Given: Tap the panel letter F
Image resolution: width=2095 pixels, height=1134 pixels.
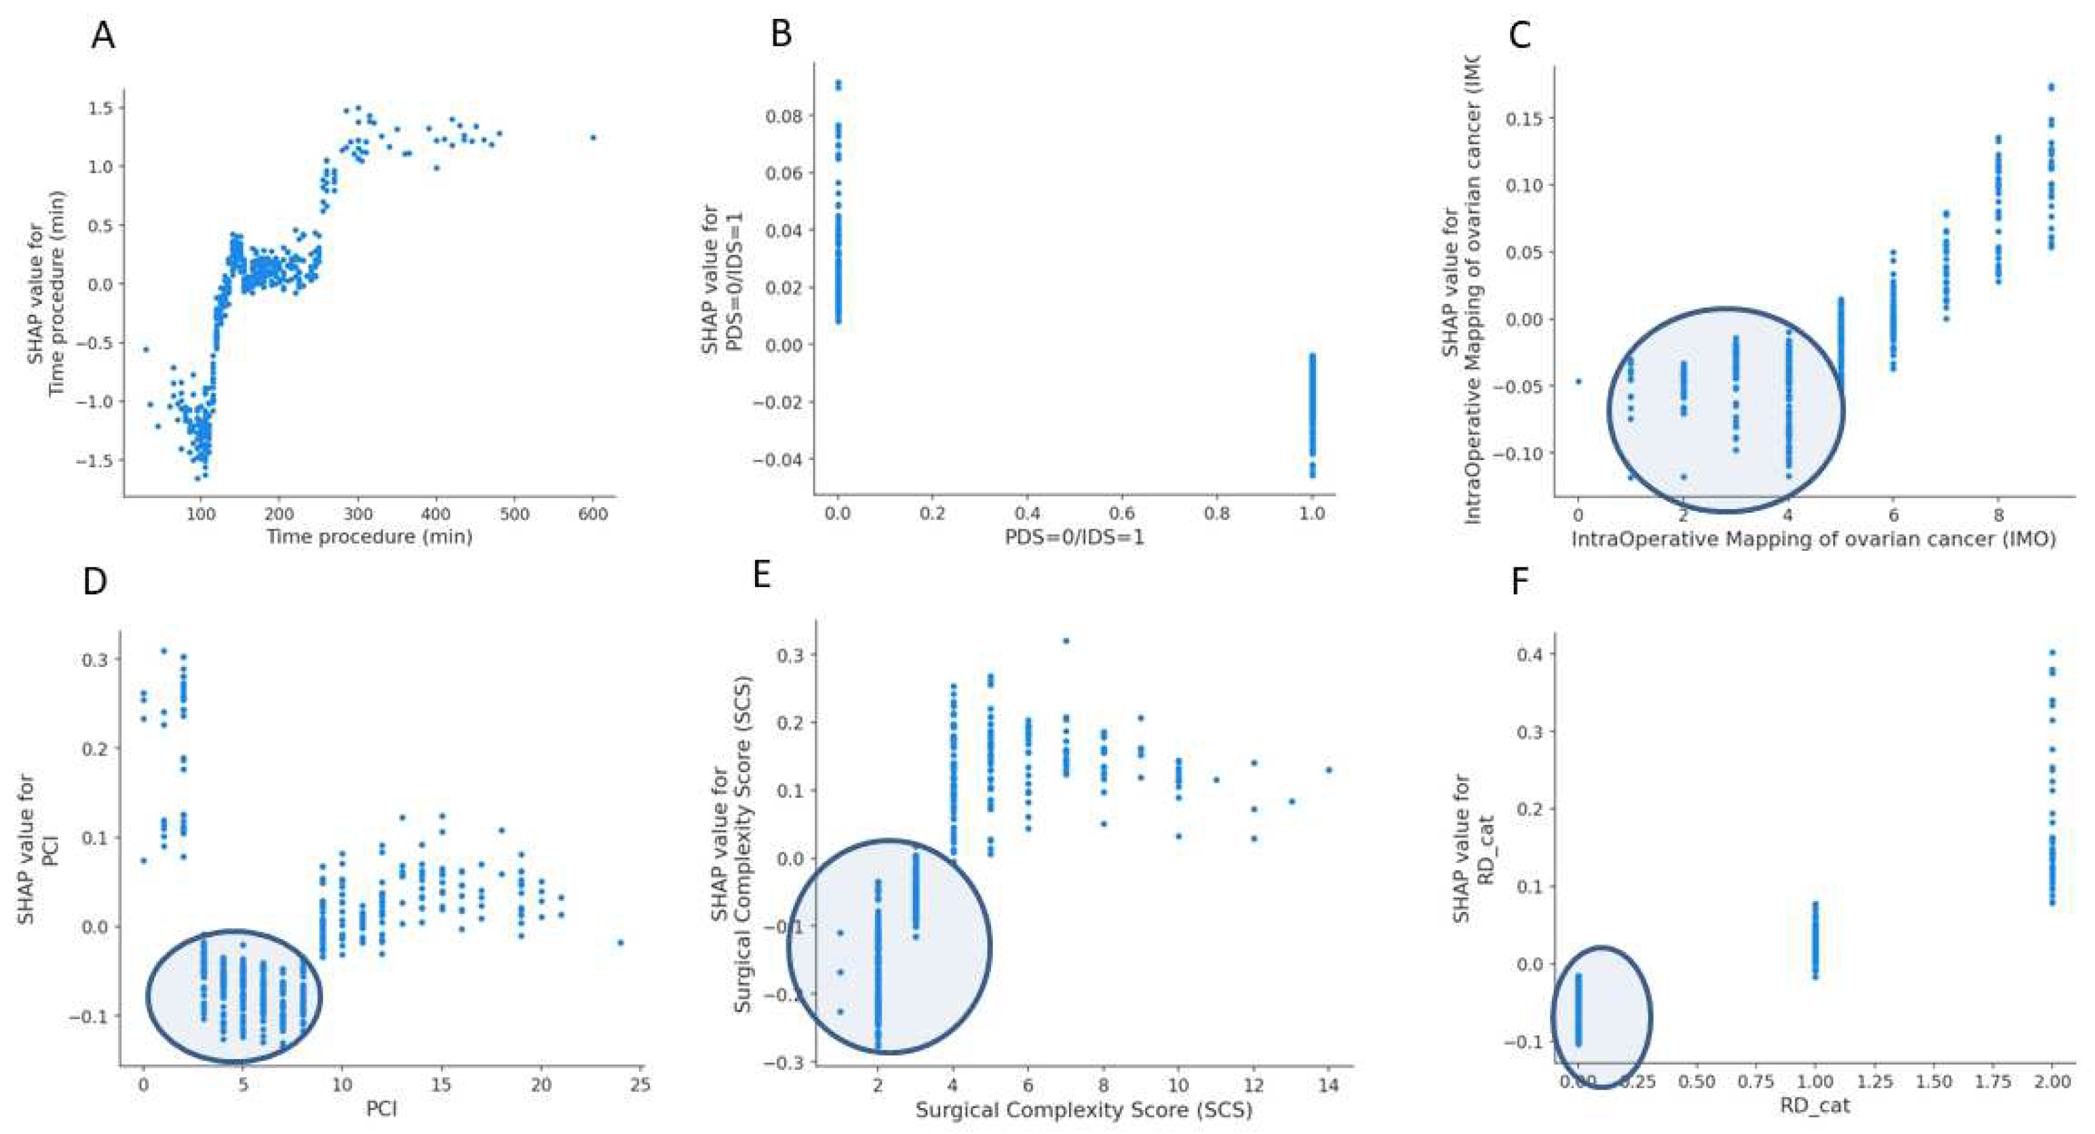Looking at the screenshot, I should (1519, 582).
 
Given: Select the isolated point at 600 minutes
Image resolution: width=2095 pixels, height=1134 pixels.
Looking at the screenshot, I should (593, 138).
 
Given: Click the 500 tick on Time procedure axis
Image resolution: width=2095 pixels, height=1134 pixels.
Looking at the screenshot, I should (514, 514).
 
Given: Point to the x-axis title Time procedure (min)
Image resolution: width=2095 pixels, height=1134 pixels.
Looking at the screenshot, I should (369, 537).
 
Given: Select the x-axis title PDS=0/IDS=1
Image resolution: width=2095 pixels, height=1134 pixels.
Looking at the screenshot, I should (1074, 537).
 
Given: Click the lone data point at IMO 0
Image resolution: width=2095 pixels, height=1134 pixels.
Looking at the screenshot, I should (1579, 381).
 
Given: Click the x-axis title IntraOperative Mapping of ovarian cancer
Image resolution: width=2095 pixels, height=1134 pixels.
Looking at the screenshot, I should (1813, 539).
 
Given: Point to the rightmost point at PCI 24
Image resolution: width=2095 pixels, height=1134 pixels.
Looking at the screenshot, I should (621, 942).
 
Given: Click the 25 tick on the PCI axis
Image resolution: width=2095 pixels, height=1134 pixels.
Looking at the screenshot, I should (640, 1085).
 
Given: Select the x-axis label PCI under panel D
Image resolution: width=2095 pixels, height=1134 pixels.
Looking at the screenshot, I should (381, 1109).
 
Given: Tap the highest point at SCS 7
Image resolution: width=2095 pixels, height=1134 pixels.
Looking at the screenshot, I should (1066, 641).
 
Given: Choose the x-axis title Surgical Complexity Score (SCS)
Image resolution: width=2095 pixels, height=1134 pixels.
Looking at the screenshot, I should (1083, 1110).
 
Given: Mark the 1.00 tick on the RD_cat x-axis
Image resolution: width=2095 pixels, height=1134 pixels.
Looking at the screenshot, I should (1815, 1082).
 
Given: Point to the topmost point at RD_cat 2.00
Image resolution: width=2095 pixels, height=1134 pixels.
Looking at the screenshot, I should (2052, 652).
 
